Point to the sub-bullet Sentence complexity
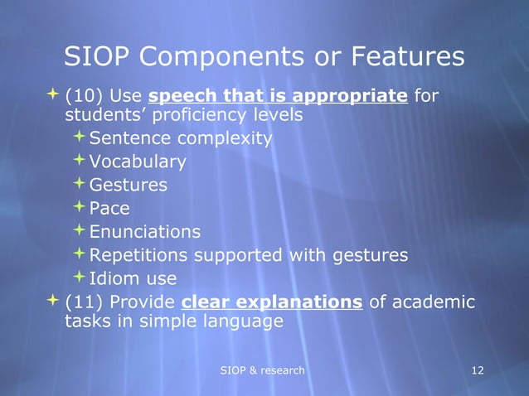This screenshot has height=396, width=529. click(x=180, y=138)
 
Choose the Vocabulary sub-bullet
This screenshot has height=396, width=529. click(x=137, y=162)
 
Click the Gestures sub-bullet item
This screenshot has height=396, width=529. click(x=128, y=185)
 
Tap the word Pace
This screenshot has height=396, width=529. click(x=109, y=208)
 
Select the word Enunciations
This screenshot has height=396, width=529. click(x=144, y=231)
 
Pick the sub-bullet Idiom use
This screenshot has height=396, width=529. click(x=133, y=278)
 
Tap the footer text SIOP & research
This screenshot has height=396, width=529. click(x=262, y=369)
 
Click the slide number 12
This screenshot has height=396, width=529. click(x=477, y=369)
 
